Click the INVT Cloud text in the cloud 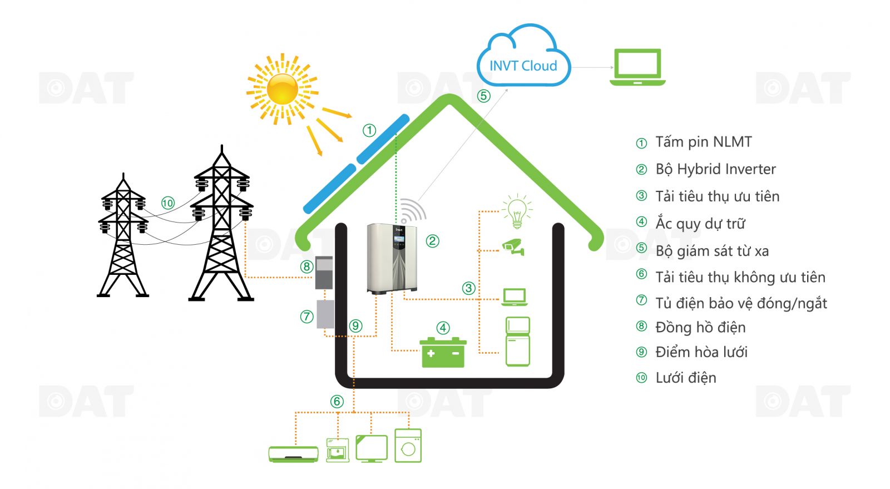523,66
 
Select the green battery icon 443,353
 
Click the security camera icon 513,247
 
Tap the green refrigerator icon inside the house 517,341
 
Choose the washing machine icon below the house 408,446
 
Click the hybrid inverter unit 392,258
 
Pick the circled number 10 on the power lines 168,203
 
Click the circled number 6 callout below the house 337,402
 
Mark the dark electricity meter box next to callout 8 324,273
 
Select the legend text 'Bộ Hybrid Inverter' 715,169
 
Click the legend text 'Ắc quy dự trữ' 700,224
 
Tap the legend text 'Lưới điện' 685,378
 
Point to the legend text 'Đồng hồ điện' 700,327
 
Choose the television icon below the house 371,448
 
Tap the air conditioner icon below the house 293,454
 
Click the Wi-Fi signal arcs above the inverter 412,210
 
